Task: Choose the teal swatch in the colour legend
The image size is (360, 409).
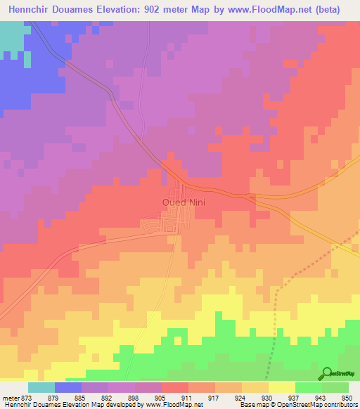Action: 41,387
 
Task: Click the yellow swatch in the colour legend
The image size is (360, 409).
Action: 281,387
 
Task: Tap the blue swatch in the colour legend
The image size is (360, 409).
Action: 68,387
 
